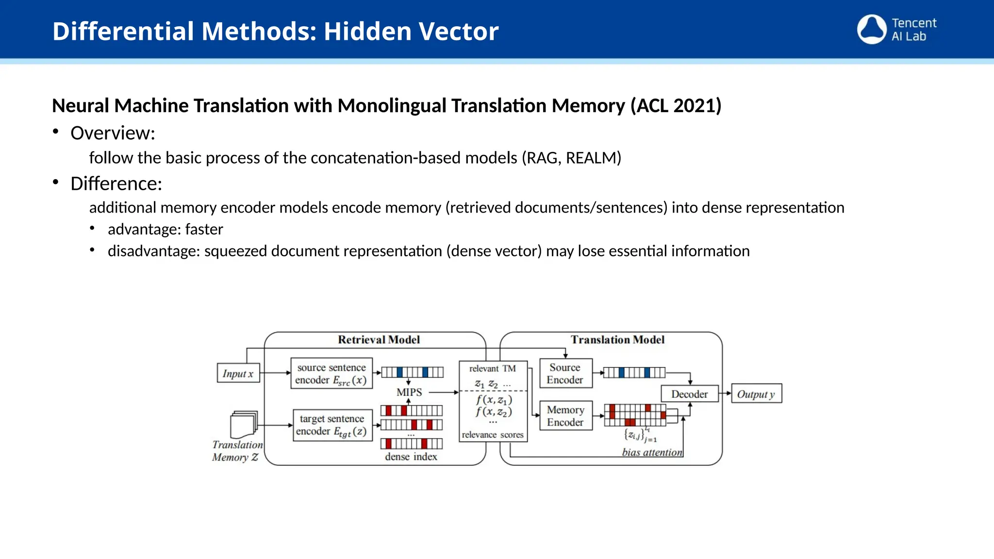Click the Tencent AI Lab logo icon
pos(872,29)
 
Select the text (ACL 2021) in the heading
pos(676,106)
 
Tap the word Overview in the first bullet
pos(111,133)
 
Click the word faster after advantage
pos(204,229)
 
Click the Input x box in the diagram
pos(238,373)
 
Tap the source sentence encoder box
pos(331,374)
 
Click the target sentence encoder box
pos(332,425)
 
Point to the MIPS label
pos(409,392)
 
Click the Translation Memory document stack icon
pos(244,424)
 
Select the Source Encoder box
pos(565,374)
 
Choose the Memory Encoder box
pos(565,416)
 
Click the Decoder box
pos(689,394)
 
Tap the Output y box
pos(756,394)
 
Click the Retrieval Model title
pos(379,340)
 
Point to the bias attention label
pos(652,452)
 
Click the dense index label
pos(411,457)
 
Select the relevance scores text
pos(493,435)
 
